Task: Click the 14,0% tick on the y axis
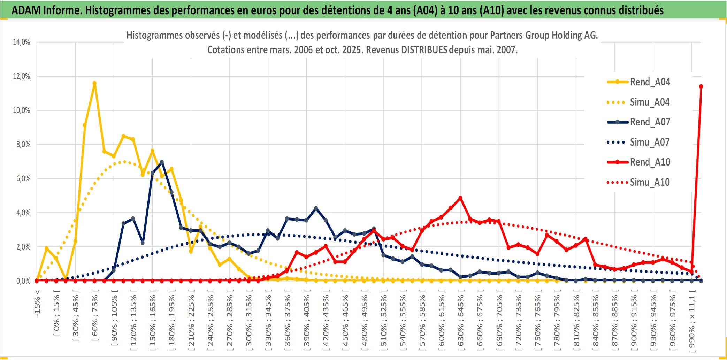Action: (x=22, y=42)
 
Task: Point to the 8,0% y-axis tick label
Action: (x=23, y=145)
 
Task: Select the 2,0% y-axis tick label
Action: (x=23, y=247)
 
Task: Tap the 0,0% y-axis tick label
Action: (x=23, y=281)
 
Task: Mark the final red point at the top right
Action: (x=701, y=86)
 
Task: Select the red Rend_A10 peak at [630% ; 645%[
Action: (x=460, y=198)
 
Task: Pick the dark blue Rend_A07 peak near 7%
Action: (x=162, y=162)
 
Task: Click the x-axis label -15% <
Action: (x=37, y=303)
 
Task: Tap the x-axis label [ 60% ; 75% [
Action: (x=95, y=317)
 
